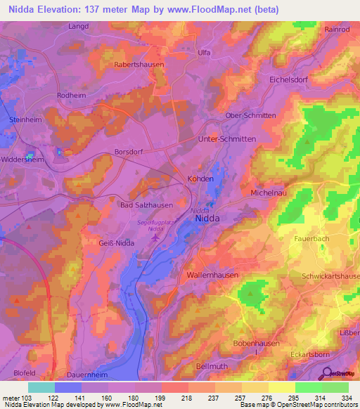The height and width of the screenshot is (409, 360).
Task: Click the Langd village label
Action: point(77,27)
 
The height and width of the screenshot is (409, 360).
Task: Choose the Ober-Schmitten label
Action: point(250,116)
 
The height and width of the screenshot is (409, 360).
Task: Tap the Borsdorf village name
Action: point(129,151)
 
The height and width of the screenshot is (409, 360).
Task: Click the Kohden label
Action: point(200,179)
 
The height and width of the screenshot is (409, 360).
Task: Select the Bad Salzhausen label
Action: point(147,204)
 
